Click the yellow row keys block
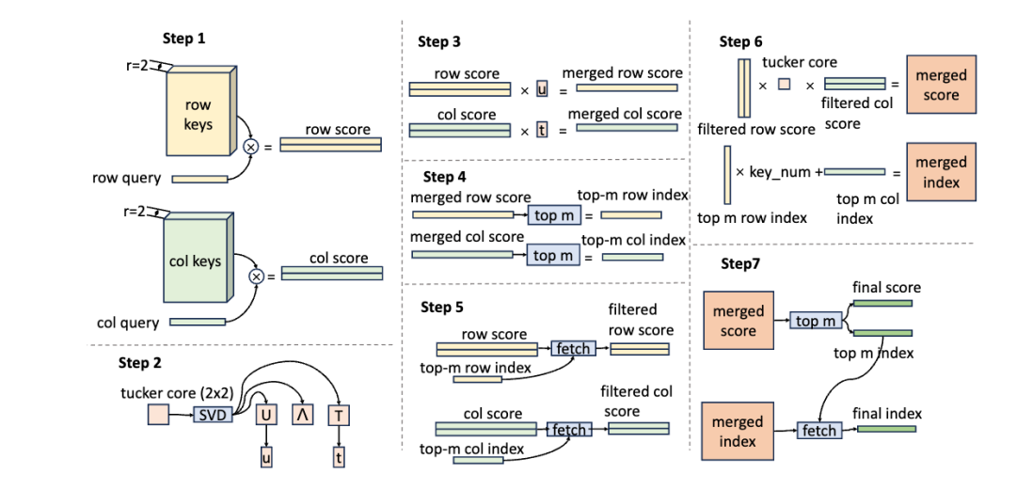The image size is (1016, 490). click(198, 114)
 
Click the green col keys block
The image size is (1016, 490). click(195, 261)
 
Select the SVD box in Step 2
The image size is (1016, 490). click(213, 413)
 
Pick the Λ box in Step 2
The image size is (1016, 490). click(301, 413)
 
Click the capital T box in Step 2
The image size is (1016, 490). click(338, 413)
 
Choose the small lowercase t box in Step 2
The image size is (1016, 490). click(338, 458)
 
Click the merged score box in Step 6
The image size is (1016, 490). click(941, 85)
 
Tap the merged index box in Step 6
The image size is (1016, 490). click(941, 172)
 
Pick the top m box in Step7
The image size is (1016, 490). click(814, 322)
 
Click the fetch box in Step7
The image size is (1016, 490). click(819, 430)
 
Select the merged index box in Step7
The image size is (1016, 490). click(738, 432)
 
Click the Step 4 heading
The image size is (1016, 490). click(445, 177)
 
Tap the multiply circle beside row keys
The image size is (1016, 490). click(251, 146)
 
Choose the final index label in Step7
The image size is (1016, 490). click(887, 413)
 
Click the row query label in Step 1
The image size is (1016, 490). click(127, 177)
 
